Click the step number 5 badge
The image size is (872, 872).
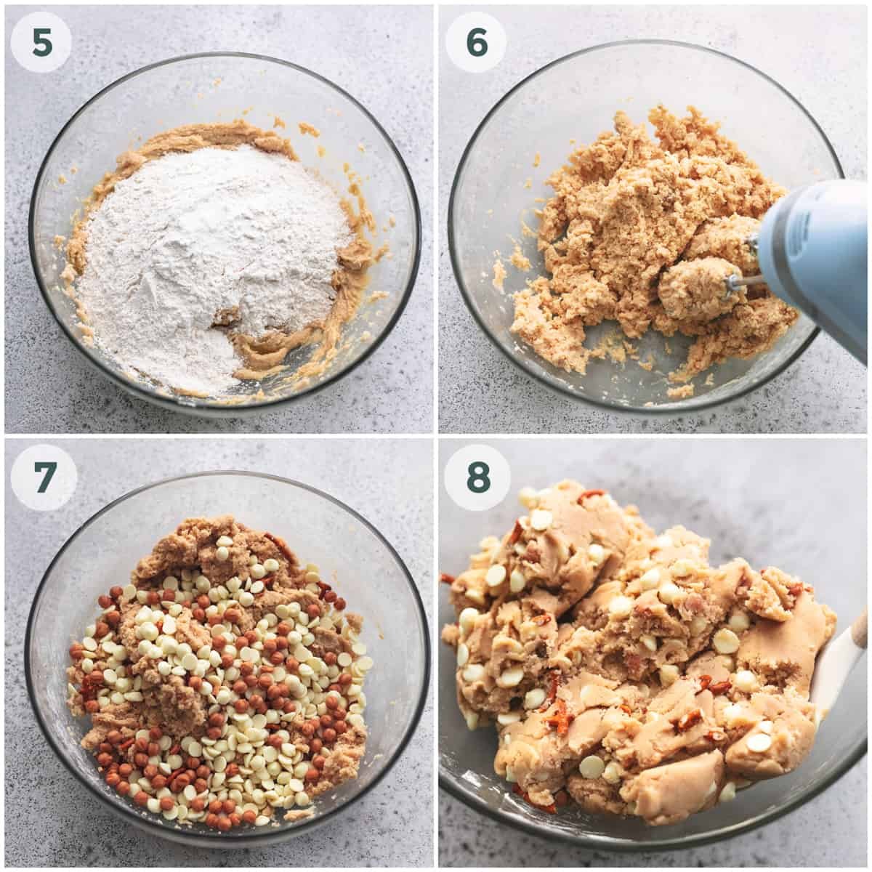coord(41,41)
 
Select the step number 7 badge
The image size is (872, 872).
coord(44,477)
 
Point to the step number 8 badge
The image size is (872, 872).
coord(478,477)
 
